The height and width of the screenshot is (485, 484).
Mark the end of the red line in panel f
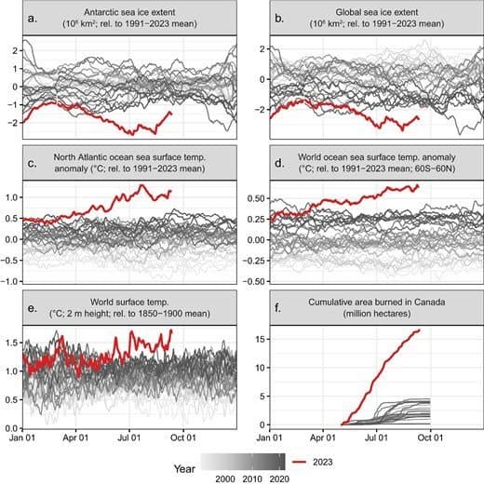(419, 330)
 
